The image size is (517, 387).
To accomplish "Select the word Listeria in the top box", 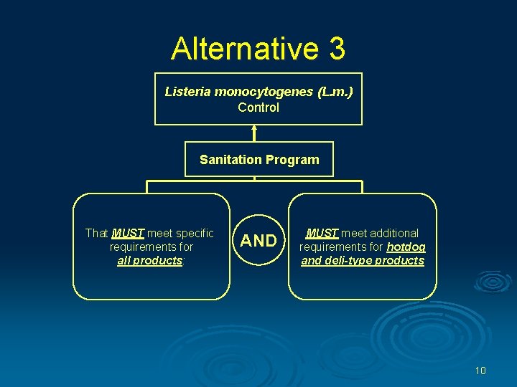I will pos(188,92).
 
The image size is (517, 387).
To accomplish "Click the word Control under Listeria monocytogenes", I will pos(258,107).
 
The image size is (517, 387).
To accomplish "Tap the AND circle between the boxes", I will pos(258,241).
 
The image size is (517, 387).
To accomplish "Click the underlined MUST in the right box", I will pos(322,233).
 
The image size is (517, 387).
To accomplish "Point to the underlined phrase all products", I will pos(149,260).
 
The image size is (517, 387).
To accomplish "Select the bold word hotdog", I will pos(406,247).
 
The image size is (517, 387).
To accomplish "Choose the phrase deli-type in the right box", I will pos(350,260).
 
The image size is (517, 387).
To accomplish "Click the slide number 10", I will pos(480,371).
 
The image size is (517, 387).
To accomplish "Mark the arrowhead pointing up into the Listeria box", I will pos(254,130).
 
